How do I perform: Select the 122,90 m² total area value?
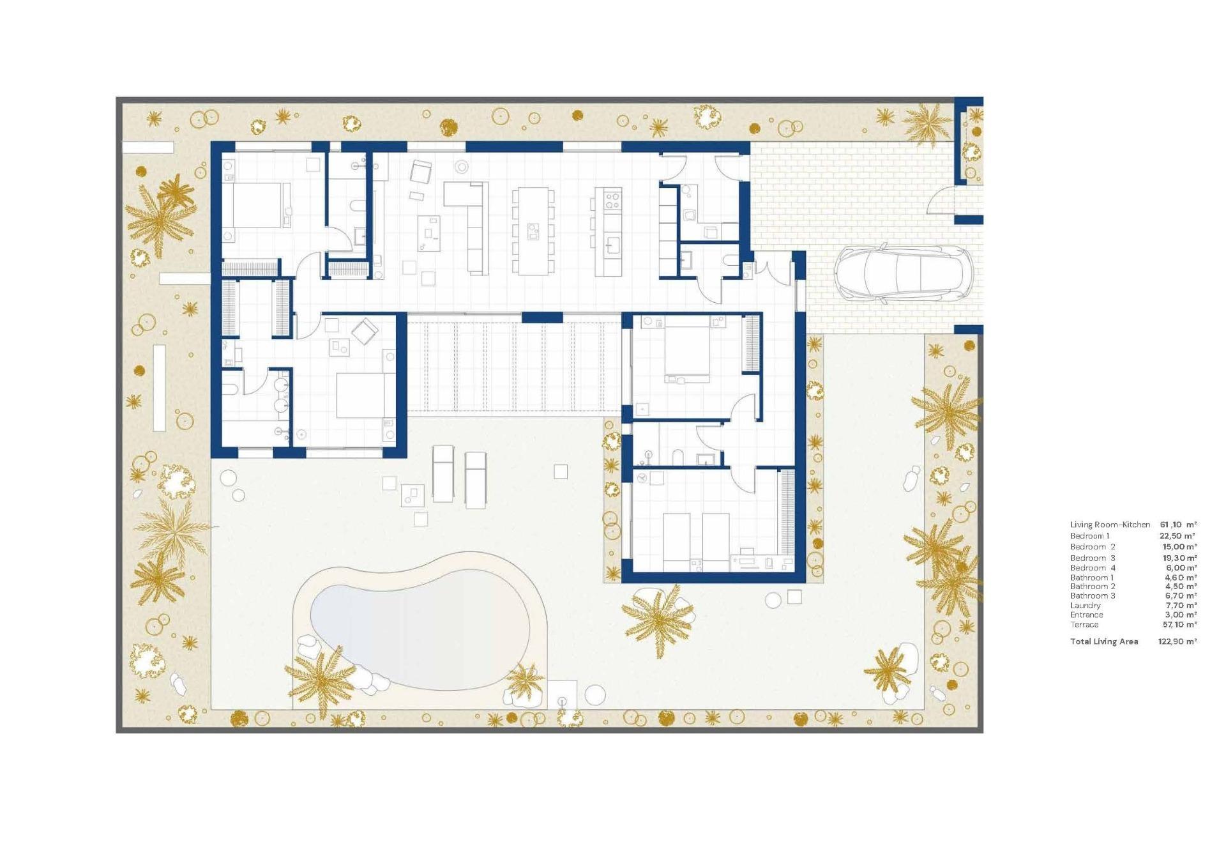(1177, 641)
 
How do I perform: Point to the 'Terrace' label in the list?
(1084, 625)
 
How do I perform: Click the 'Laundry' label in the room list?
(1086, 606)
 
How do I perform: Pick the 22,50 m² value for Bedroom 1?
(1177, 536)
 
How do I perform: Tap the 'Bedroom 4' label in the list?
(1093, 568)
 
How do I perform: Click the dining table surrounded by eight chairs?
(533, 231)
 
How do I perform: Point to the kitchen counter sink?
(612, 245)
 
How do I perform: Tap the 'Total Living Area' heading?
(1104, 641)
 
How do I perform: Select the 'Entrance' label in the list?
(1087, 615)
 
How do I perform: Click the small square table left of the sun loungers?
(412, 494)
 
